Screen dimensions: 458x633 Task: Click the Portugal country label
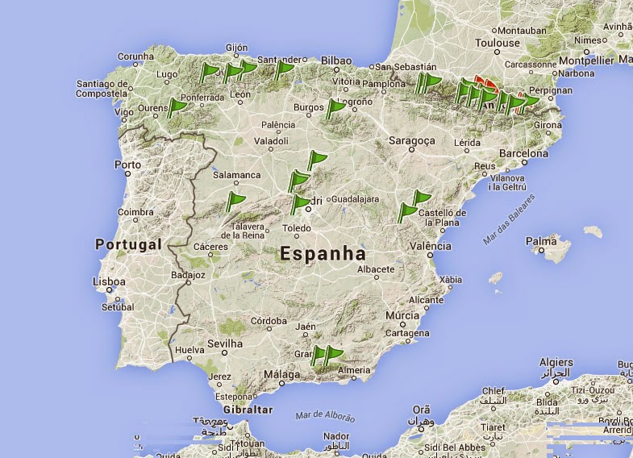tap(128, 244)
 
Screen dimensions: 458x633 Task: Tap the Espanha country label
tap(323, 253)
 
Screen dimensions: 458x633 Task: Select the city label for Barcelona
tap(523, 153)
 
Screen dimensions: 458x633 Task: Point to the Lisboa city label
tap(109, 282)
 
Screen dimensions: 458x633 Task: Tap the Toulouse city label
tap(498, 43)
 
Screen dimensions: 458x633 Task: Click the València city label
tap(430, 246)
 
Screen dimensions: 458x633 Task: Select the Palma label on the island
tap(541, 240)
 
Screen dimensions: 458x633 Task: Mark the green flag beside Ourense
tap(176, 107)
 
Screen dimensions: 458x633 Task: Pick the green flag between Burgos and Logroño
tap(335, 107)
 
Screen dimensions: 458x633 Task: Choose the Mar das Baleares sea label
tap(510, 219)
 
